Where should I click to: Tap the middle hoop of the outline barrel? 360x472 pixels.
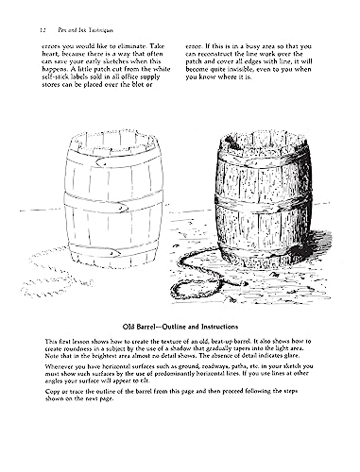tap(105, 206)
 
